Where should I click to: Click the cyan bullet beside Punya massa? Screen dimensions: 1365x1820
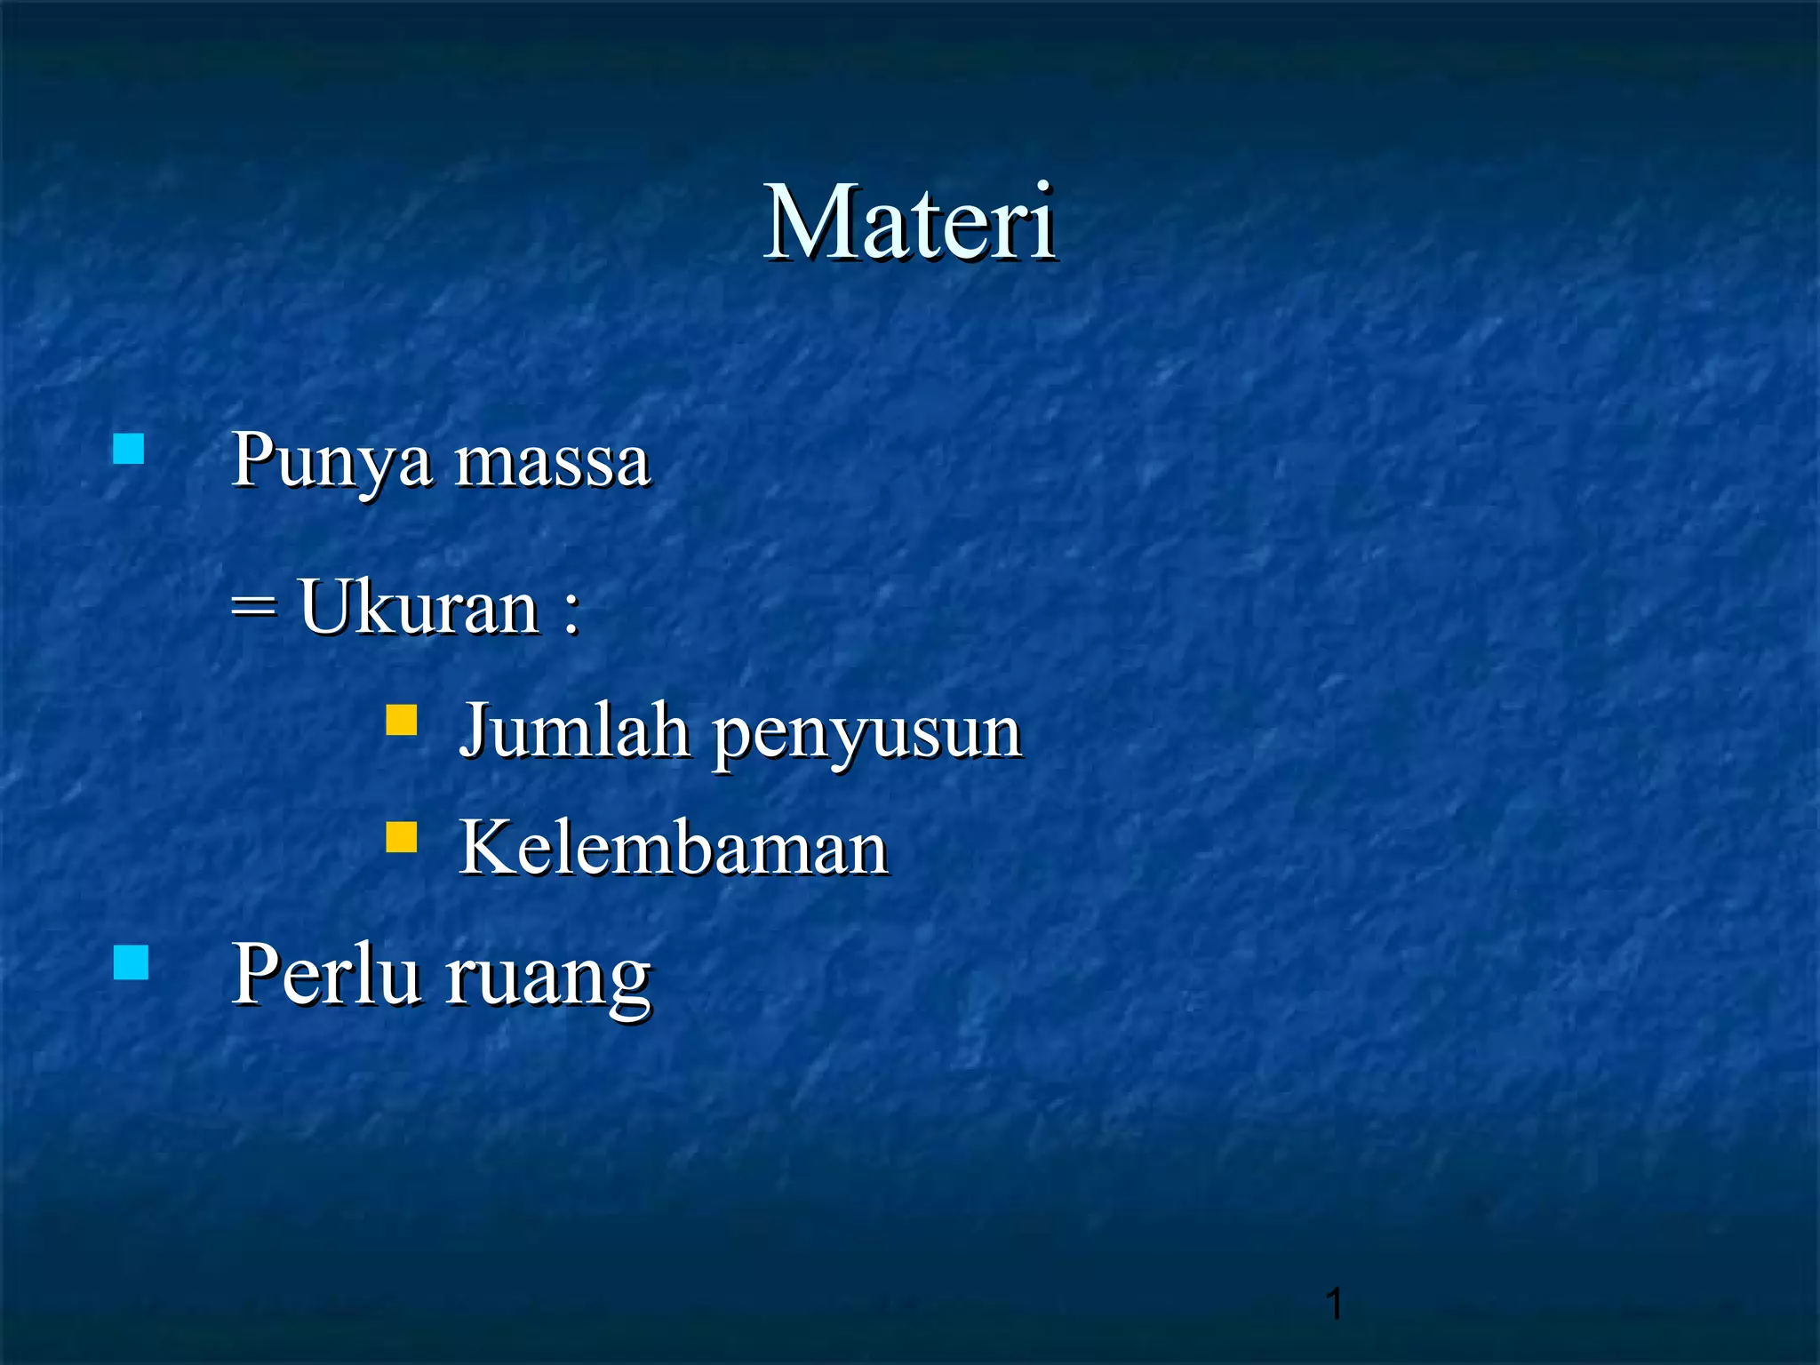point(129,449)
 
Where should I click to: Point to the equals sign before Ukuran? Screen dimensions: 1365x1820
point(254,608)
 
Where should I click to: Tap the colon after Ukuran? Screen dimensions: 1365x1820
point(571,611)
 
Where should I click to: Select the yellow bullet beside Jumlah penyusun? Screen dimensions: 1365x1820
point(402,720)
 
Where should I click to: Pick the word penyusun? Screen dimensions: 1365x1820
point(867,736)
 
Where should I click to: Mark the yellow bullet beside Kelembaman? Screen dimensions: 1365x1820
point(402,837)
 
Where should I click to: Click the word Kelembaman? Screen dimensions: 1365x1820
point(673,848)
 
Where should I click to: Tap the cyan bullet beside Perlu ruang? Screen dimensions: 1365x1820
point(132,962)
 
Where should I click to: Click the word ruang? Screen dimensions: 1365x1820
point(548,979)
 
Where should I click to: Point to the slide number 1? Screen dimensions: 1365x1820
point(1333,1304)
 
